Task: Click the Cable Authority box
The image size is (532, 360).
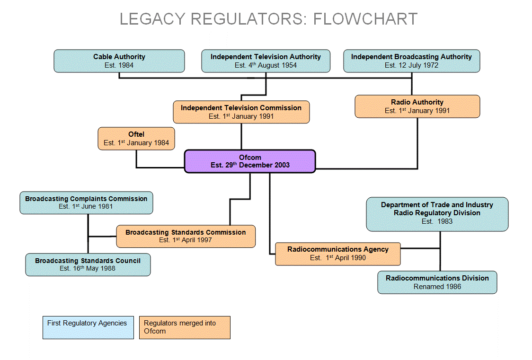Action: click(119, 61)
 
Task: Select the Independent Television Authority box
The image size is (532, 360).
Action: click(266, 61)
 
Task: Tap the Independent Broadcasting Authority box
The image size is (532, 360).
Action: click(411, 61)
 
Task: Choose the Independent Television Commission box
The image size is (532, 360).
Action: click(241, 112)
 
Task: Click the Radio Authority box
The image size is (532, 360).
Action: click(417, 106)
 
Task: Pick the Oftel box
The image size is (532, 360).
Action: click(136, 139)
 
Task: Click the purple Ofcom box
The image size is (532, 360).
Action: click(250, 161)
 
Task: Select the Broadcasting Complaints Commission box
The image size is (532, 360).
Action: click(86, 202)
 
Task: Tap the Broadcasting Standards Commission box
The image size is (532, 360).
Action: click(186, 236)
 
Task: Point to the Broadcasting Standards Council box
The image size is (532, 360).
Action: click(88, 264)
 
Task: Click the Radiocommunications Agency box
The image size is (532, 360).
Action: click(337, 254)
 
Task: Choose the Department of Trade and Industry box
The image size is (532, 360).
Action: click(437, 214)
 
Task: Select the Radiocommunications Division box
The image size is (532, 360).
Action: click(437, 282)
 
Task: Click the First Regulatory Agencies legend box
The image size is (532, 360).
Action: click(88, 327)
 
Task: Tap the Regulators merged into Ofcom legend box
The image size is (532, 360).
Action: click(185, 327)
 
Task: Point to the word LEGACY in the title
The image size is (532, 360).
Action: click(151, 19)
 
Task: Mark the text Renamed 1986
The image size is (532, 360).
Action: click(437, 287)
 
